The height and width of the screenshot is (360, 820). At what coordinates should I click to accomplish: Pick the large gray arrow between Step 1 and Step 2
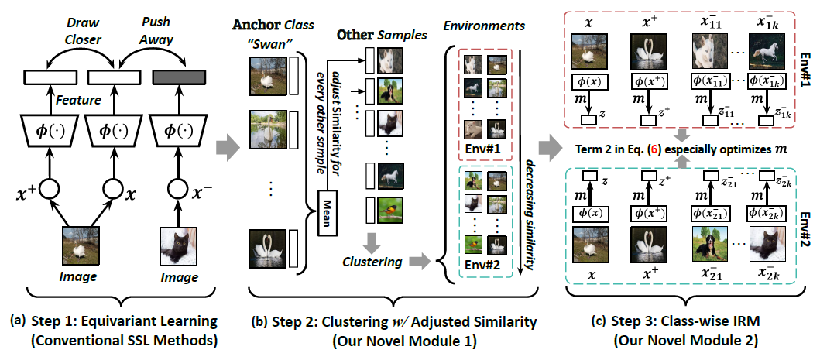click(x=221, y=146)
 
